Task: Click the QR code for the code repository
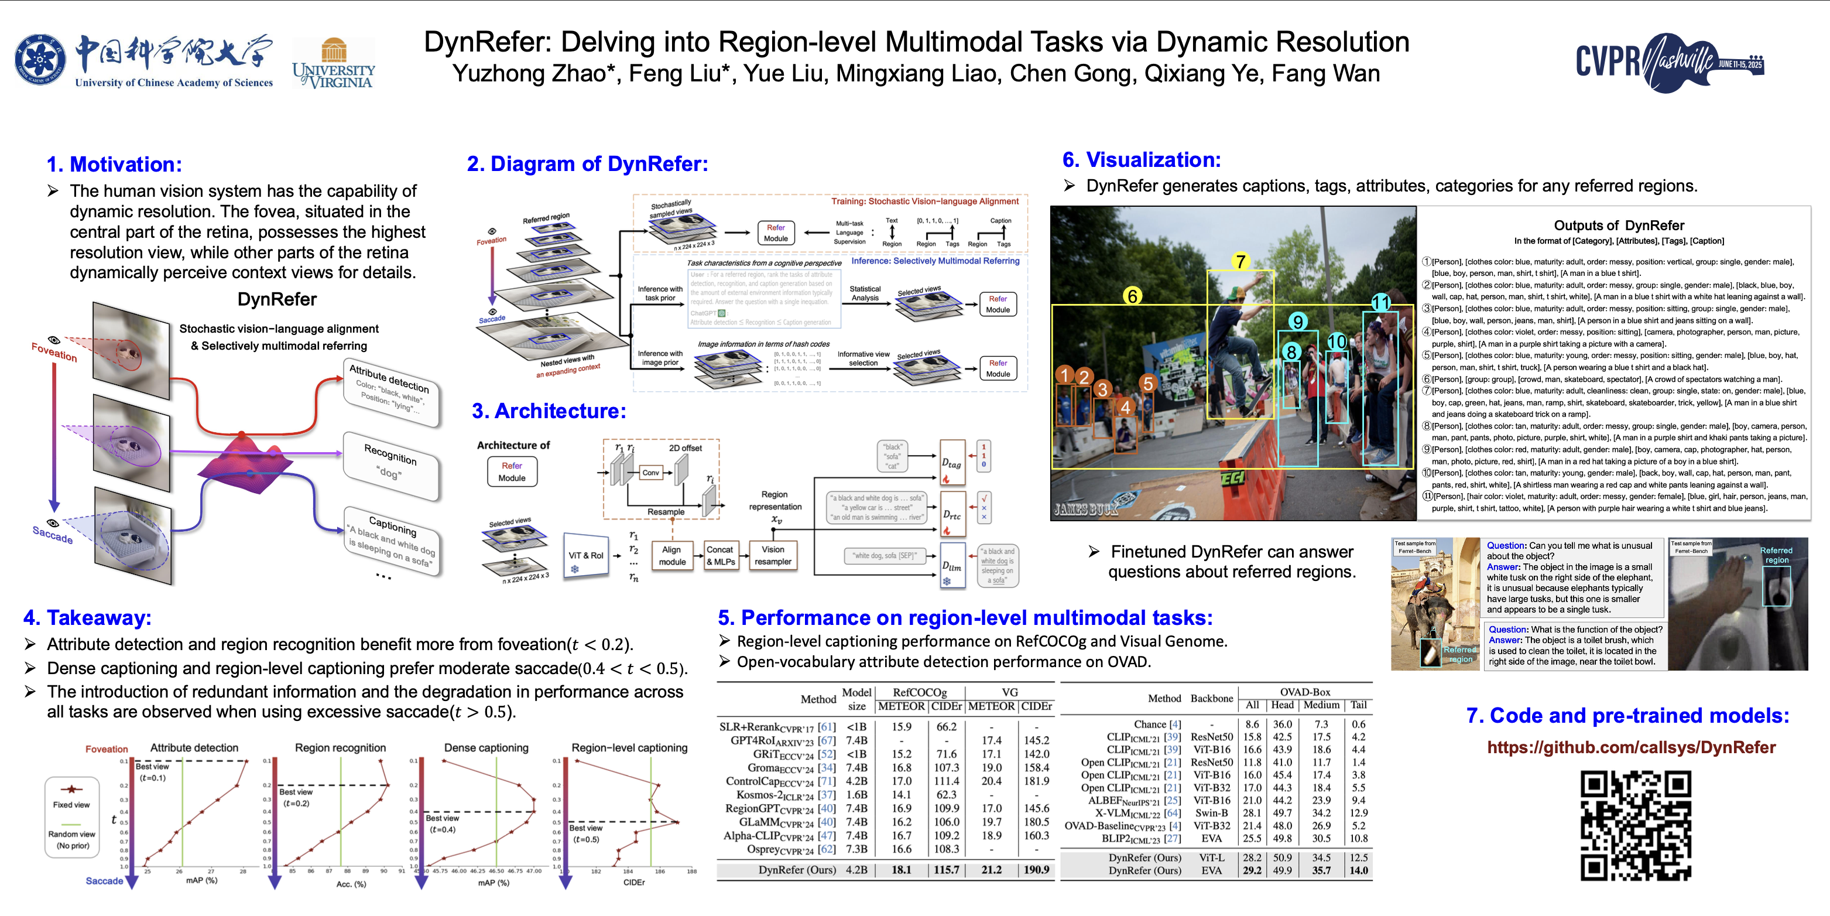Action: (x=1635, y=826)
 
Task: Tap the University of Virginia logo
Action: (x=333, y=64)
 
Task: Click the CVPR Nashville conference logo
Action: (x=1669, y=62)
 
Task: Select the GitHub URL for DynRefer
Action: (x=1631, y=747)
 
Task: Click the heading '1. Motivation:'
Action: (x=114, y=164)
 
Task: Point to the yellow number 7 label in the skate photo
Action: (x=1240, y=262)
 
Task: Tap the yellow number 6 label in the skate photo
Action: (x=1132, y=296)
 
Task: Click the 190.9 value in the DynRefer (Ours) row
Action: (x=1037, y=870)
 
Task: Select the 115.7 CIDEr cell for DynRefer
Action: (x=946, y=870)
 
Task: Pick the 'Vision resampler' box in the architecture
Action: (x=773, y=555)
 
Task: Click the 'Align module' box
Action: (x=672, y=555)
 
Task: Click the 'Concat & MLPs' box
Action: (x=720, y=555)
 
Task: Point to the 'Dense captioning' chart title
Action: (x=486, y=747)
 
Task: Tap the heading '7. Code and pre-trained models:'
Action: (x=1627, y=716)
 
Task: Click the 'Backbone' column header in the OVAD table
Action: (x=1211, y=698)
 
